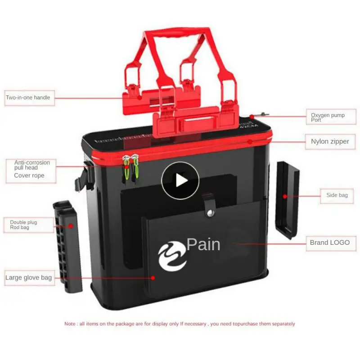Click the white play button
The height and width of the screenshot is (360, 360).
coord(180,180)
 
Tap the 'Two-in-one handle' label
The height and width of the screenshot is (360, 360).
coord(28,98)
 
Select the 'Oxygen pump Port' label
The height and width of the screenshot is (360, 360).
coord(328,117)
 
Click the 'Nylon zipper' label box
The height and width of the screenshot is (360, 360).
coord(330,141)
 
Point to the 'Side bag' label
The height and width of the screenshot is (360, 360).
coord(337,195)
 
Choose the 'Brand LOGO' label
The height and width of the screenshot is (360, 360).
coord(329,243)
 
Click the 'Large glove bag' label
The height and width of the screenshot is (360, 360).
coord(28,278)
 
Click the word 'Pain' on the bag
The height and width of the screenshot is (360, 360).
coord(203,244)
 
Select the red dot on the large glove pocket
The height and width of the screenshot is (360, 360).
coord(153,278)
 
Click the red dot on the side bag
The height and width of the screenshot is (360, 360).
coord(285,196)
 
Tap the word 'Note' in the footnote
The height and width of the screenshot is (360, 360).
coord(70,324)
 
